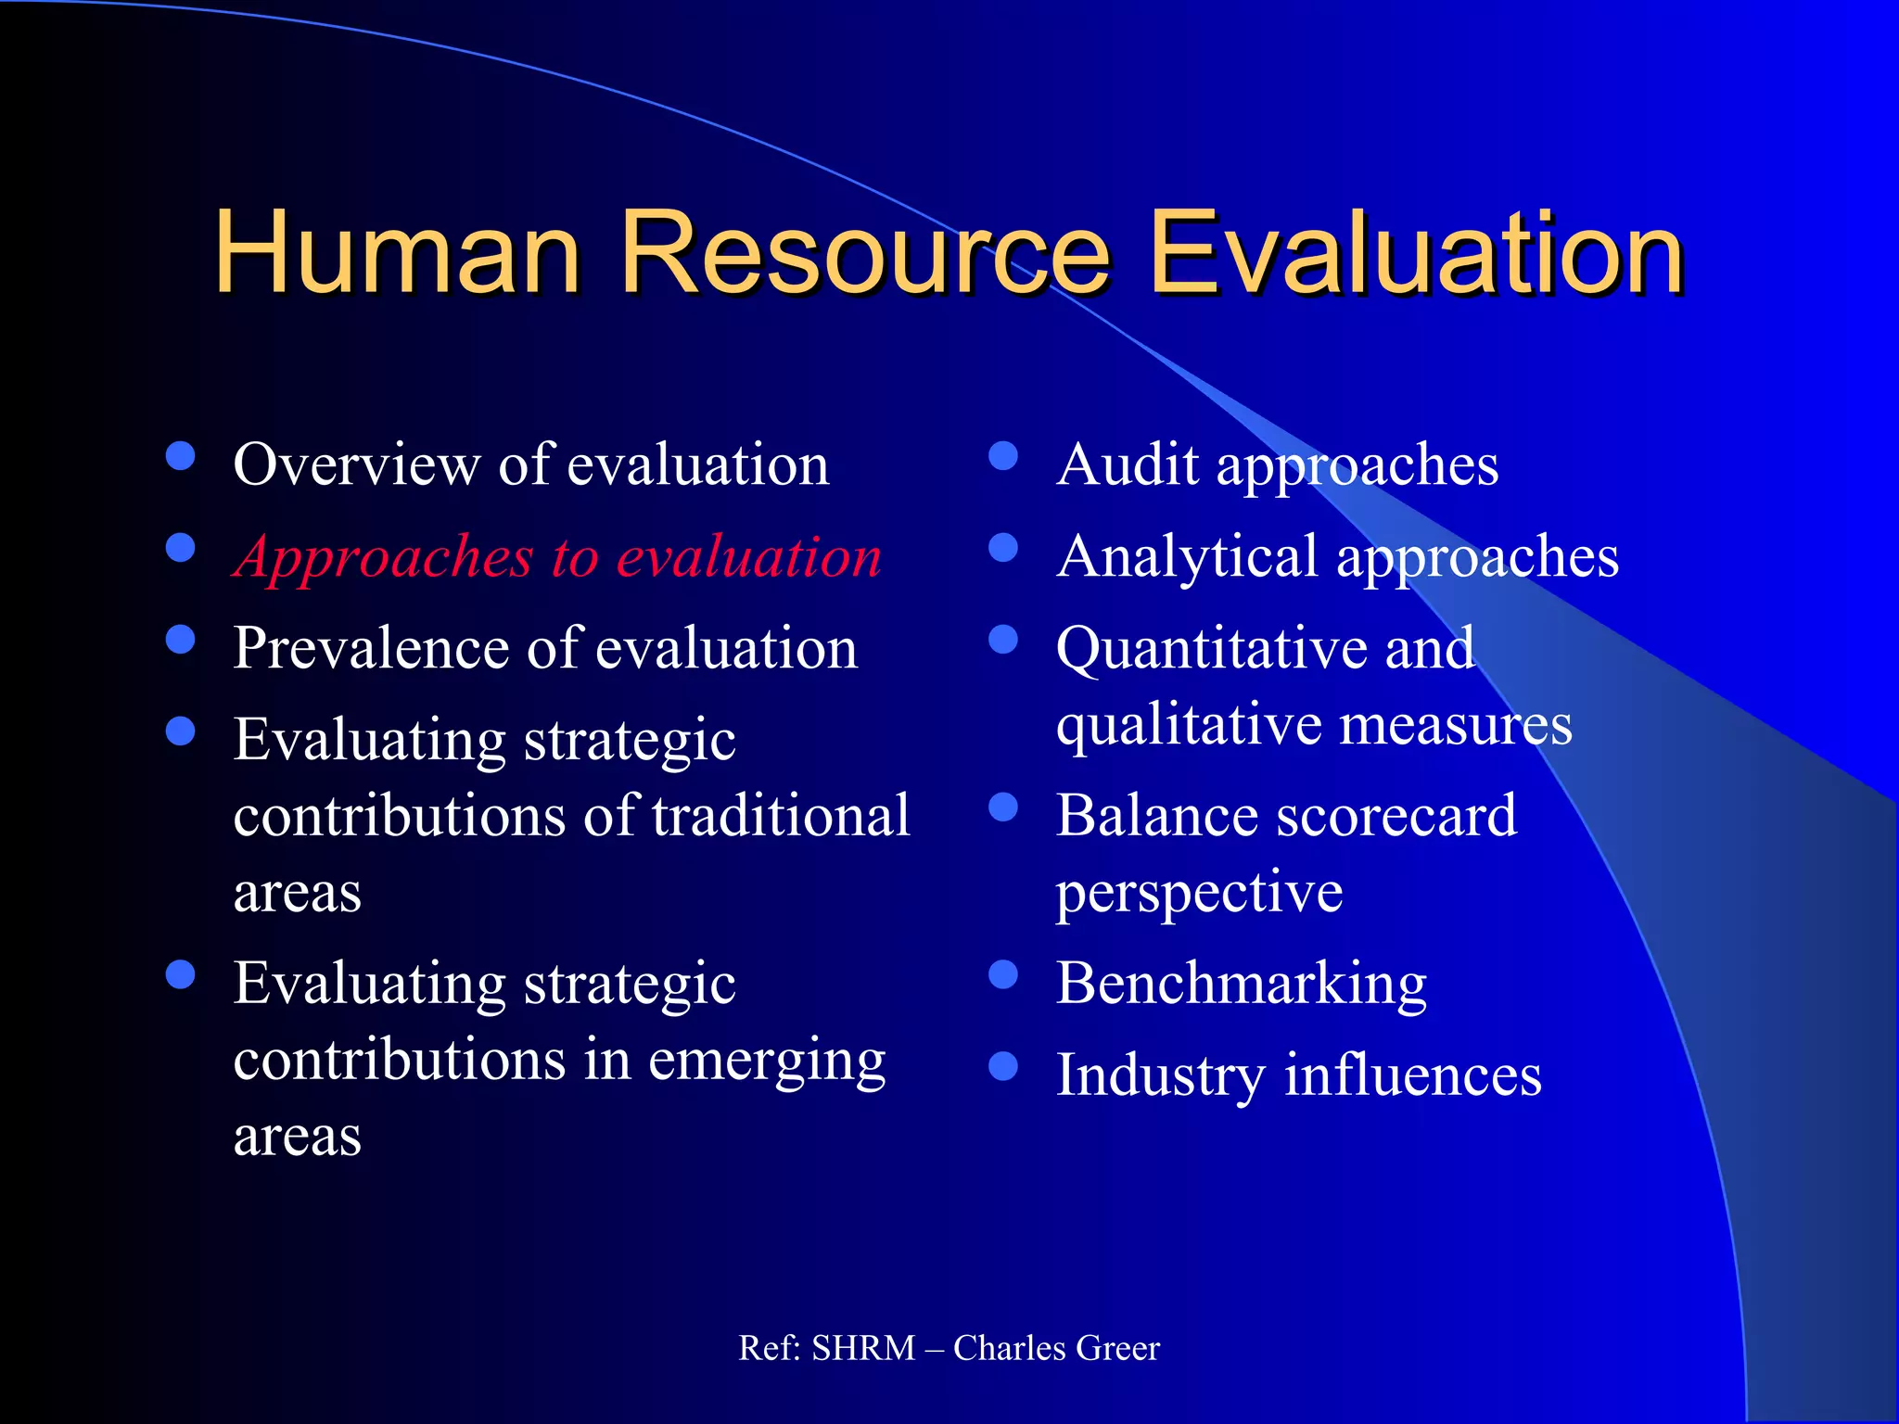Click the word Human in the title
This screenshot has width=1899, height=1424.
click(x=397, y=252)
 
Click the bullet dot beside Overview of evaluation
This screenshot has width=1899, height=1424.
click(x=180, y=456)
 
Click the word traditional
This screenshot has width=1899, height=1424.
click(x=781, y=816)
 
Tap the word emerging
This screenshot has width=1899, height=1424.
click(x=767, y=1061)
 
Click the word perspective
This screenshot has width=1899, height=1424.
click(x=1199, y=894)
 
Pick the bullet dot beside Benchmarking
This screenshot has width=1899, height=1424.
click(x=1003, y=974)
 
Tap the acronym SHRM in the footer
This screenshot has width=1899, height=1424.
click(x=863, y=1348)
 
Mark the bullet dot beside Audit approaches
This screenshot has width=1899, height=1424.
click(x=1003, y=456)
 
